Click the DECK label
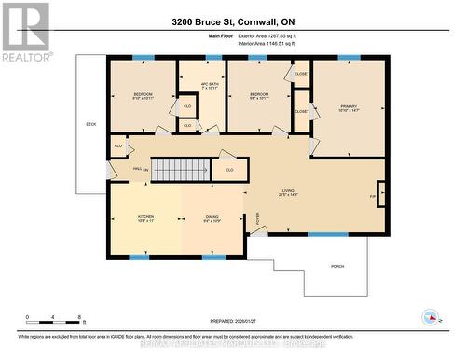pyautogui.click(x=90, y=124)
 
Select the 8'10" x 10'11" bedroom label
pyautogui.click(x=143, y=96)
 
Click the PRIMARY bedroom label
pyautogui.click(x=348, y=108)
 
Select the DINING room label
pyautogui.click(x=212, y=218)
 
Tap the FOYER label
pyautogui.click(x=258, y=218)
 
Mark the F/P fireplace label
pyautogui.click(x=374, y=197)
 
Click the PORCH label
pyautogui.click(x=337, y=267)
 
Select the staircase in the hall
pyautogui.click(x=171, y=170)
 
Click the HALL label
pyautogui.click(x=137, y=169)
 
